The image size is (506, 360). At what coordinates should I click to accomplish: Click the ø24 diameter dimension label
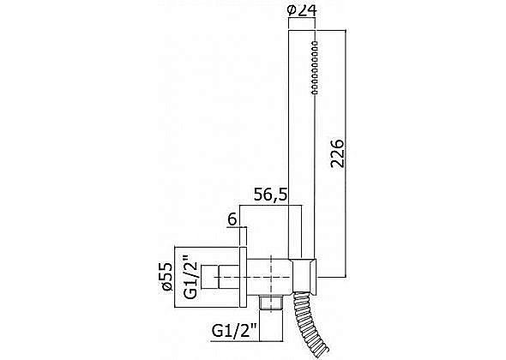pos(302,10)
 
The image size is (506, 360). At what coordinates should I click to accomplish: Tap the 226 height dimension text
pos(338,153)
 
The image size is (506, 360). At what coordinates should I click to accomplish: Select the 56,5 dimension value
pos(270,195)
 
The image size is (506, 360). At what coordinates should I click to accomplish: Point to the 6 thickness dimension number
pos(232,219)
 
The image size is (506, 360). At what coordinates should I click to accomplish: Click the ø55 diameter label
pos(168,277)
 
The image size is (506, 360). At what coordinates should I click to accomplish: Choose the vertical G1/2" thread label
pos(190,277)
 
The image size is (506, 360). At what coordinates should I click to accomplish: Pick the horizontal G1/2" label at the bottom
pos(234,330)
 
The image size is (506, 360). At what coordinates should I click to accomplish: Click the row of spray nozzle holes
pos(315,68)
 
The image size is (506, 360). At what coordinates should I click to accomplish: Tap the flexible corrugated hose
pos(309,326)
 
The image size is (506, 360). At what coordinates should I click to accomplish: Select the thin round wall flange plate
pos(243,277)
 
